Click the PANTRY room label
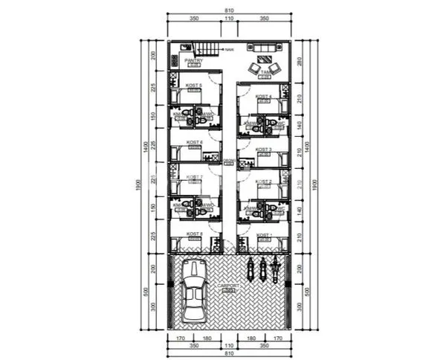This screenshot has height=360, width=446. (193, 61)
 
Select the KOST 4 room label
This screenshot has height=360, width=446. (264, 97)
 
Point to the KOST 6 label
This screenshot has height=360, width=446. (195, 142)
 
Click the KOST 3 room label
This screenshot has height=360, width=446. (264, 150)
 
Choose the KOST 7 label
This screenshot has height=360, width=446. (194, 177)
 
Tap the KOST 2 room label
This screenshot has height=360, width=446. (264, 181)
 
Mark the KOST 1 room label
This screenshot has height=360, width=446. (264, 236)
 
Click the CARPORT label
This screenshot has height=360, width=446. (227, 286)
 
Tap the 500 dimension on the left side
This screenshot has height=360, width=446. (152, 289)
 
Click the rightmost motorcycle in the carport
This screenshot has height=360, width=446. (276, 269)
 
